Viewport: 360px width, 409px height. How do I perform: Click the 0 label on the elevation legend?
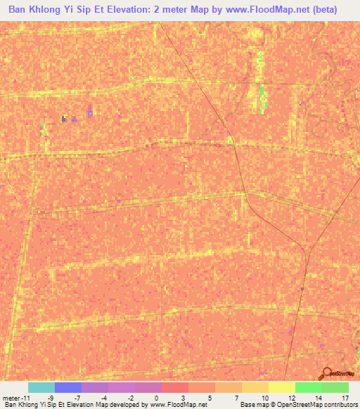pyautogui.click(x=155, y=397)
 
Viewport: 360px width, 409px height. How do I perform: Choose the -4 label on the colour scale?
pyautogui.click(x=103, y=397)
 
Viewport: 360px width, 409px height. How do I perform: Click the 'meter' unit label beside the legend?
pyautogui.click(x=13, y=397)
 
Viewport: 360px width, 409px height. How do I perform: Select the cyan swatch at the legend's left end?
pyautogui.click(x=41, y=387)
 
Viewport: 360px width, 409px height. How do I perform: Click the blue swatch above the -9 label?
pyautogui.click(x=67, y=387)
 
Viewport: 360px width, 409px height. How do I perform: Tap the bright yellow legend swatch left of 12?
pyautogui.click(x=281, y=387)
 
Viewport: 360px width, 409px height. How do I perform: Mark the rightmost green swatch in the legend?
pyautogui.click(x=335, y=387)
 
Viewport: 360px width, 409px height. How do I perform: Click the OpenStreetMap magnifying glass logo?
pyautogui.click(x=326, y=373)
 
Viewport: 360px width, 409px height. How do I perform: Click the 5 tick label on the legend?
pyautogui.click(x=210, y=397)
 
